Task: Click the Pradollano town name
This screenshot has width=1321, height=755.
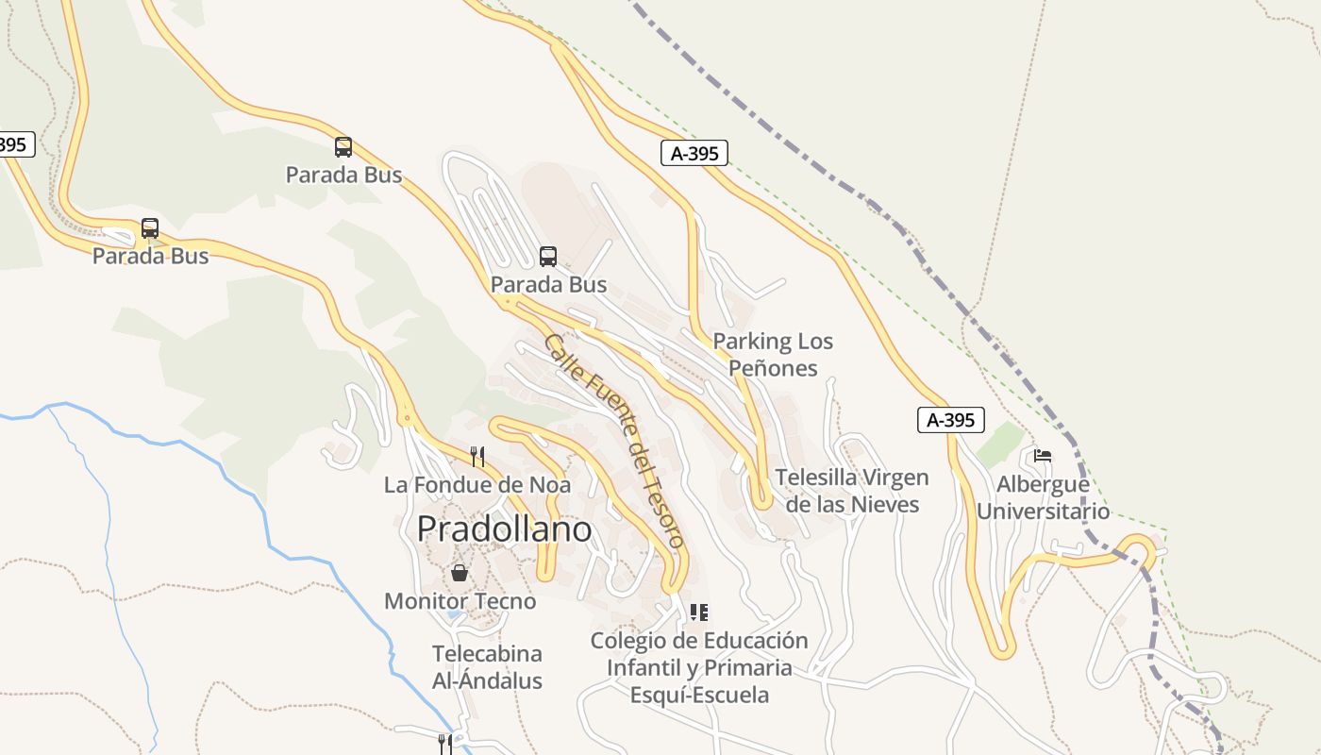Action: [504, 528]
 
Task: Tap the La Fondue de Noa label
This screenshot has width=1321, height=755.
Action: [477, 485]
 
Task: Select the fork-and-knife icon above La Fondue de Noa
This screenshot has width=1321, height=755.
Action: [477, 457]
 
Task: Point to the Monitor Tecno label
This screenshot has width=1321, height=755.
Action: [460, 601]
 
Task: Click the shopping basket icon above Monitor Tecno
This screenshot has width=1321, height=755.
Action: [459, 573]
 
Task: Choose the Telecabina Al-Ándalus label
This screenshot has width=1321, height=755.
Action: [487, 667]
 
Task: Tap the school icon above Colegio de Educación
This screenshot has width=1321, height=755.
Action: [698, 612]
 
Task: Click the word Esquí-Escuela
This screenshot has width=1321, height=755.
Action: [699, 696]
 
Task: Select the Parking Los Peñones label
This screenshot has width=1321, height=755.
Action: [773, 354]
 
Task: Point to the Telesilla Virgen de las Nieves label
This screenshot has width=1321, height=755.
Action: [852, 491]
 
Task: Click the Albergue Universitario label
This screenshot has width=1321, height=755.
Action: [1043, 497]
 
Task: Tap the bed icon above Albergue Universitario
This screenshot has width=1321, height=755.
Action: [1042, 455]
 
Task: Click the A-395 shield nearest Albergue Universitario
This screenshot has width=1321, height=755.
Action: [950, 420]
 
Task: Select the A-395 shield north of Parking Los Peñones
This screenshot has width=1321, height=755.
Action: [694, 153]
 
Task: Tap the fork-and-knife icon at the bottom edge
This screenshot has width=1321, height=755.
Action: [444, 744]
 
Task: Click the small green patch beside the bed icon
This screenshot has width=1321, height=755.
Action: [999, 444]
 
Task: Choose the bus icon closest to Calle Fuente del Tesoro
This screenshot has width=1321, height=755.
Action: [548, 256]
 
